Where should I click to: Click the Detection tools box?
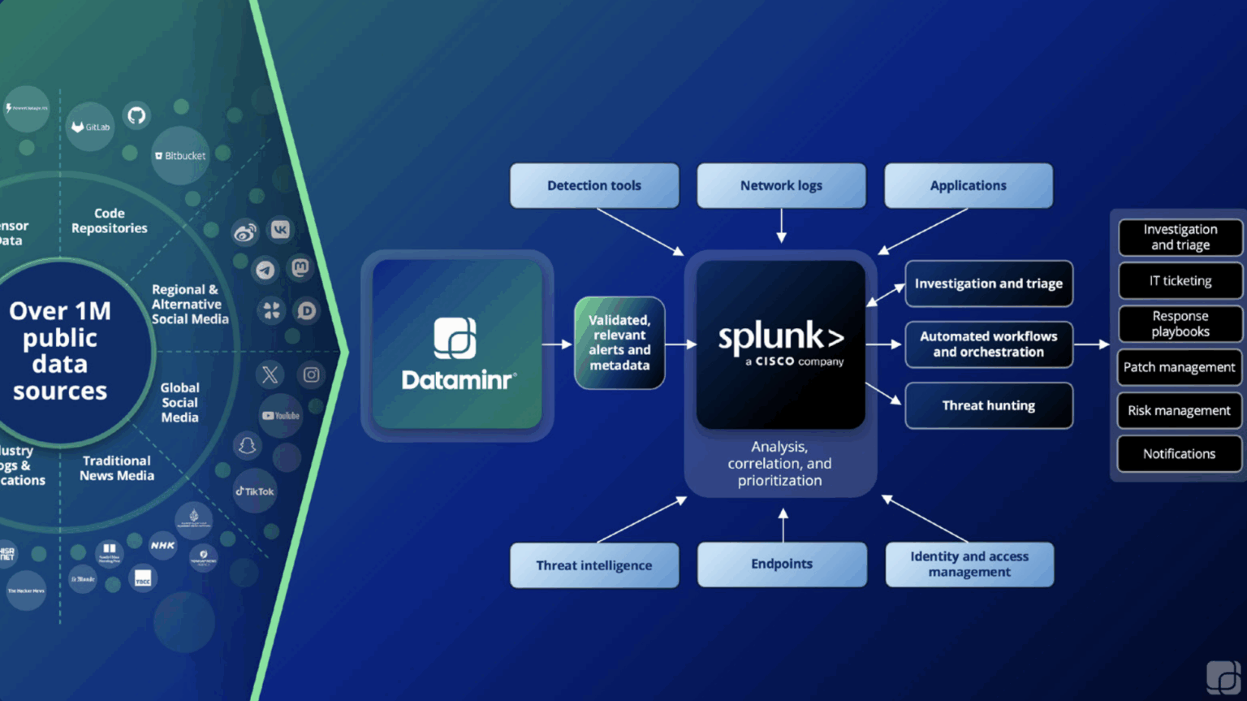click(594, 185)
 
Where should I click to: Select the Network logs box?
click(781, 185)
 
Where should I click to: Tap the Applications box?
click(968, 185)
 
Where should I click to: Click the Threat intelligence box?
click(594, 565)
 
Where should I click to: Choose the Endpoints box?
click(782, 564)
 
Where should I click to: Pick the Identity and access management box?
click(969, 565)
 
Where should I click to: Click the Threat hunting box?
click(988, 405)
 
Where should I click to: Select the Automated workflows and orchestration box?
click(988, 344)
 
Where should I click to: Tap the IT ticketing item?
click(1180, 281)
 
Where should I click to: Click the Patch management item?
click(1180, 367)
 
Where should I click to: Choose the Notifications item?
click(1180, 454)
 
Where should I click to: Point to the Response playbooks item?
click(1180, 324)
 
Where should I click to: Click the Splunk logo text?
click(780, 336)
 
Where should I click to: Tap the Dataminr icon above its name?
click(455, 338)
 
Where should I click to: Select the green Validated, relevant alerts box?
click(619, 343)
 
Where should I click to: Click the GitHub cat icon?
click(136, 115)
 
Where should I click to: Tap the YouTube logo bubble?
click(281, 416)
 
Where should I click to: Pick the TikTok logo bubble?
click(255, 491)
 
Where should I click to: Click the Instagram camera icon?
click(311, 374)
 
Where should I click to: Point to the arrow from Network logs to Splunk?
click(781, 226)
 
